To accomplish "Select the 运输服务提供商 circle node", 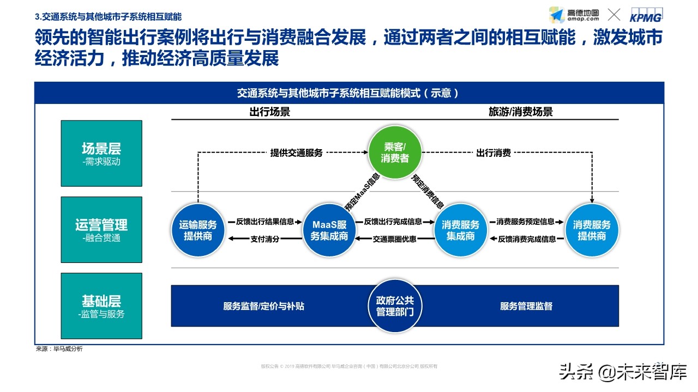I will (198, 230).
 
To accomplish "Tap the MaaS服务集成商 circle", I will (329, 230).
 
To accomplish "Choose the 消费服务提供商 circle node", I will (592, 230).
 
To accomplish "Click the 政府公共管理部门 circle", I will (395, 306).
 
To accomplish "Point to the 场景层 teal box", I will (101, 154).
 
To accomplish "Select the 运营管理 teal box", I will (101, 230).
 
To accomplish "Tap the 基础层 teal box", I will (101, 306).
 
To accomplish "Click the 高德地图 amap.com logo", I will (574, 15).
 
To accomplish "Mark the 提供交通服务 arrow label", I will (297, 153).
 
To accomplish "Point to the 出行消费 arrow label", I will (494, 153).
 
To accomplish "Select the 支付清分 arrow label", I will (264, 239).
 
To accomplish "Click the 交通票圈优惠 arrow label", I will (394, 239).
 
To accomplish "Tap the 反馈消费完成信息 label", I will (527, 239).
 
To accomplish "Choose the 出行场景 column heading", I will (269, 112).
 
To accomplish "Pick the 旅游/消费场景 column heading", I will (520, 112).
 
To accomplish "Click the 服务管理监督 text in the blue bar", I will (526, 306).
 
